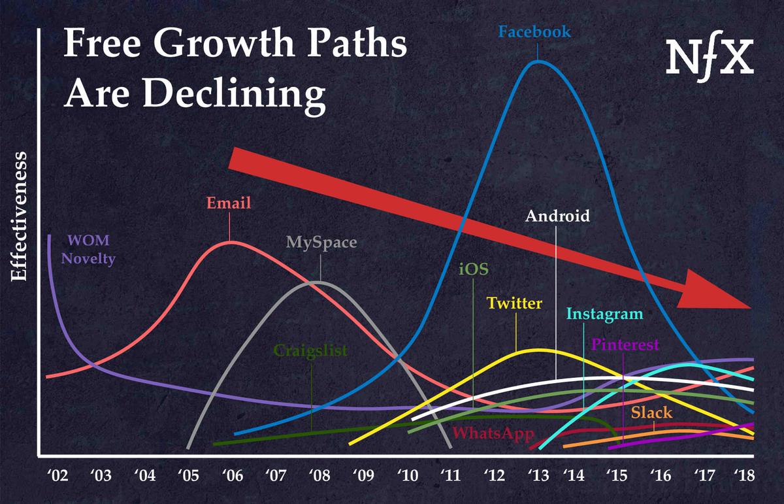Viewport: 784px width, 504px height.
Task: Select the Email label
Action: (x=229, y=203)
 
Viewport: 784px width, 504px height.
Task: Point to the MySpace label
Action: (x=321, y=243)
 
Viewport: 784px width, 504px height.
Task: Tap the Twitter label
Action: (x=514, y=303)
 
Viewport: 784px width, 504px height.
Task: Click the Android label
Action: (x=557, y=215)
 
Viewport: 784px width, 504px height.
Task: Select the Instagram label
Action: (x=604, y=314)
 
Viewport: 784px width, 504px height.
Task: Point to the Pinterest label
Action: (x=625, y=345)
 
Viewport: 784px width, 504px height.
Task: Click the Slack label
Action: (x=651, y=413)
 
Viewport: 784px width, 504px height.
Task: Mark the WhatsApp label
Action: (x=493, y=433)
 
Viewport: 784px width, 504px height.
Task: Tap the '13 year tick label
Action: (x=538, y=475)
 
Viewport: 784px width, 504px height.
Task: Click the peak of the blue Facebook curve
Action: (x=538, y=61)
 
